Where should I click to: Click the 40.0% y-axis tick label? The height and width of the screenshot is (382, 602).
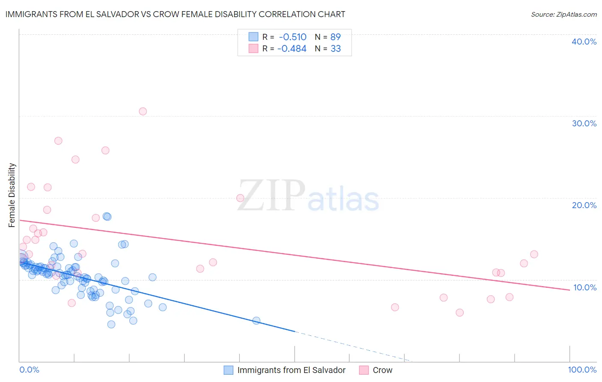(x=584, y=42)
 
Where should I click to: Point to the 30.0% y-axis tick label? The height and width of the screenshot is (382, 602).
(x=584, y=123)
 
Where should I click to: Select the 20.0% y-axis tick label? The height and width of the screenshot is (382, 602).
(x=584, y=205)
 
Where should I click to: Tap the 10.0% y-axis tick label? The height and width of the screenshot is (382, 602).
(x=584, y=287)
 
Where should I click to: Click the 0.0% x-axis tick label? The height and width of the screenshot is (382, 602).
(x=29, y=370)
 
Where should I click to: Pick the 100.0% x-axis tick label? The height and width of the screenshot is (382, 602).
(x=582, y=370)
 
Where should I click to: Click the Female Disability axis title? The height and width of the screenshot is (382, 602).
(x=12, y=195)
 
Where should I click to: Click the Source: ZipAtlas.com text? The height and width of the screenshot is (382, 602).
(x=563, y=14)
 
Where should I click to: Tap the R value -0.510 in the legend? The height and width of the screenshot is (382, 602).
(x=292, y=37)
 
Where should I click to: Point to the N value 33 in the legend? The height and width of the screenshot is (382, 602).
(x=336, y=49)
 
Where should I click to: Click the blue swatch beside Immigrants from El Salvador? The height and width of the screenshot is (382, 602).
(x=229, y=370)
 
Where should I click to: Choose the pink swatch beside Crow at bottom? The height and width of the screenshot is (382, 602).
(x=364, y=370)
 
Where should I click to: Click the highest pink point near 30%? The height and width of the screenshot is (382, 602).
(x=143, y=111)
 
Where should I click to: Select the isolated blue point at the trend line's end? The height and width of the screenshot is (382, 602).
(x=256, y=320)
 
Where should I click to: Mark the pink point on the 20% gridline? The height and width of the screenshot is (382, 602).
(x=240, y=198)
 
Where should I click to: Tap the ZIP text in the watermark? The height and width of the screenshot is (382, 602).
(x=271, y=195)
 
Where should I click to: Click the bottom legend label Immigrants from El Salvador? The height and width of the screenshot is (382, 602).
(x=291, y=370)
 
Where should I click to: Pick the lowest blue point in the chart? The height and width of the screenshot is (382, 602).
(x=111, y=324)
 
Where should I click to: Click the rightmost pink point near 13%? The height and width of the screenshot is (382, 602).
(x=534, y=254)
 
